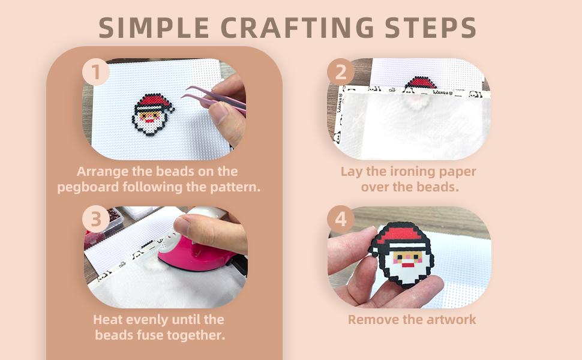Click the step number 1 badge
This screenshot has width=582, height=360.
click(96, 72)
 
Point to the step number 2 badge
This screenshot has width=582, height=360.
click(341, 72)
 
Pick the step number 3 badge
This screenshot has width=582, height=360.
click(96, 219)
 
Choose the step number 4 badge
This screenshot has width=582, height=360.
click(341, 219)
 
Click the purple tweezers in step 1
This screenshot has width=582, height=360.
click(214, 100)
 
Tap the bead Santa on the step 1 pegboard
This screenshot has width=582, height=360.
click(152, 114)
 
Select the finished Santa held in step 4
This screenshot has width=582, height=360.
click(401, 254)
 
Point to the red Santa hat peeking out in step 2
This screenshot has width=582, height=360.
click(420, 83)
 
